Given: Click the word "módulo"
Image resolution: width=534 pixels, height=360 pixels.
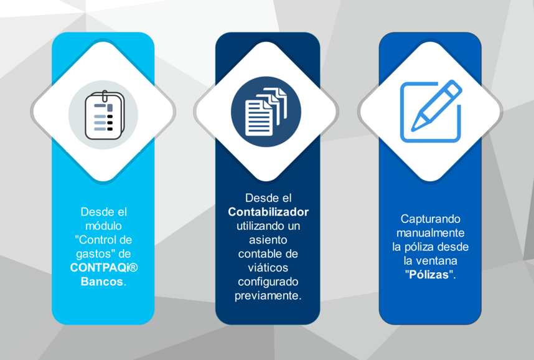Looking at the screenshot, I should (x=103, y=225).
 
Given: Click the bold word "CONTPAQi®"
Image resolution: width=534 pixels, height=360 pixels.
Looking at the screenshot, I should (x=103, y=267).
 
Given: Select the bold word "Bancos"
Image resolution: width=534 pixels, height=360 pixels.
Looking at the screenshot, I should (x=102, y=282).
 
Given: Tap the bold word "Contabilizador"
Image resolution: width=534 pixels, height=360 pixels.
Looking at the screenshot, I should (x=268, y=212).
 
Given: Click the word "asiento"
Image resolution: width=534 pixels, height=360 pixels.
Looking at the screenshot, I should (x=268, y=240).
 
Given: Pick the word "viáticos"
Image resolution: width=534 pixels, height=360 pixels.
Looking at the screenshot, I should (x=268, y=268).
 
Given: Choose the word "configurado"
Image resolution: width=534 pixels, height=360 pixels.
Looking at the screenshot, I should (x=268, y=282).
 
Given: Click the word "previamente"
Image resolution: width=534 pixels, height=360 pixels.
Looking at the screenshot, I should (x=268, y=296).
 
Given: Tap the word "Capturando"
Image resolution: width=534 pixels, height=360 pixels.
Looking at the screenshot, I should (x=430, y=219).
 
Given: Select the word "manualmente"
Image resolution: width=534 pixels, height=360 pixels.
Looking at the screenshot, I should (x=430, y=233).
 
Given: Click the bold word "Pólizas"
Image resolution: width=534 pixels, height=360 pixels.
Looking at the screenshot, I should (x=427, y=275).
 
